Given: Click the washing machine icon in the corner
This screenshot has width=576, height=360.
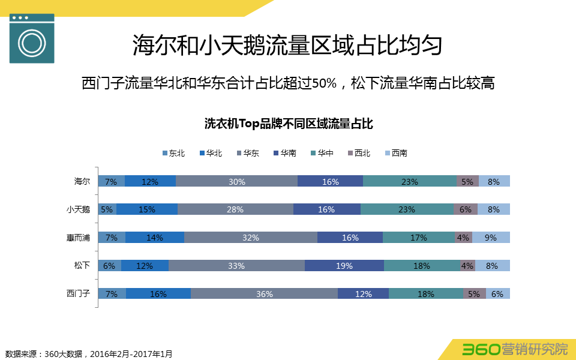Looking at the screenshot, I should click(x=32, y=38).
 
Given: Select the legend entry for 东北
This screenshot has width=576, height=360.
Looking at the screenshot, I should click(x=173, y=153).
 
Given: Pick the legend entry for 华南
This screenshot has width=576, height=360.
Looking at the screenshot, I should click(x=284, y=153).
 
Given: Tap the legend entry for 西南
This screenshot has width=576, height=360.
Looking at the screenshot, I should click(x=395, y=153).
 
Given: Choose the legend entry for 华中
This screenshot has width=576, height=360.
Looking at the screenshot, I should click(x=322, y=153).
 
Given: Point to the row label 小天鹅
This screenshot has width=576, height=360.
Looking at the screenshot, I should click(x=78, y=209).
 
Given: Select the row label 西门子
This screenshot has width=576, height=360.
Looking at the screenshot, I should click(x=78, y=293).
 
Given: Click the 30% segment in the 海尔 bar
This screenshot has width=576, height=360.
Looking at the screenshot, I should click(x=236, y=181).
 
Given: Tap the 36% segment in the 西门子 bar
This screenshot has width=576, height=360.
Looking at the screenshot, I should click(x=264, y=293).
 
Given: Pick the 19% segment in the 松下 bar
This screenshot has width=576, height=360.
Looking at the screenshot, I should click(x=344, y=266).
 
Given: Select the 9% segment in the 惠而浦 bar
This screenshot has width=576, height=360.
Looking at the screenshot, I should click(x=491, y=238).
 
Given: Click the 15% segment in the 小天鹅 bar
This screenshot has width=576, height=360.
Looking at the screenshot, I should click(x=146, y=209).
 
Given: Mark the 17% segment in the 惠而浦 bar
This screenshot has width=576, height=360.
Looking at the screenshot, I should click(x=418, y=238).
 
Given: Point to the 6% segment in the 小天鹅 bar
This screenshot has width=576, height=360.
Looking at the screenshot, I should click(x=466, y=209).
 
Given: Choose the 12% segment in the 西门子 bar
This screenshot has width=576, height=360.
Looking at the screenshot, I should click(x=363, y=293).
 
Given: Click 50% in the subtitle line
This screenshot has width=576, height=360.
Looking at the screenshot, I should click(x=324, y=83).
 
